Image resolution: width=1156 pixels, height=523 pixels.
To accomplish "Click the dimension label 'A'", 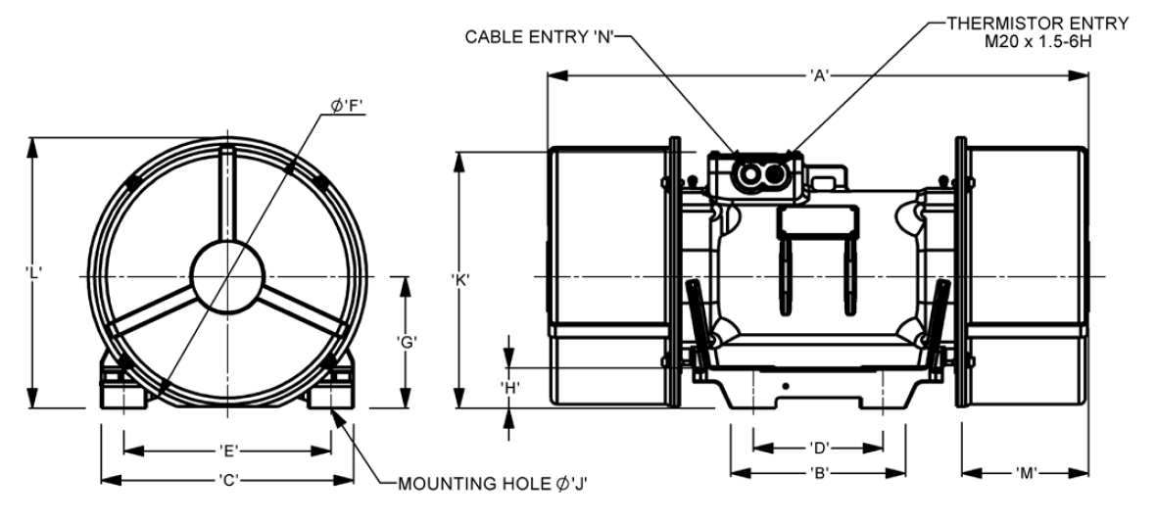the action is (x=818, y=74).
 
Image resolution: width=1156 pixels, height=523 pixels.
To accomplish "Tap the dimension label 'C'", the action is (x=228, y=480).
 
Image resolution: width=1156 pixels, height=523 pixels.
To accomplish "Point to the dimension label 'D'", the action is (x=818, y=448).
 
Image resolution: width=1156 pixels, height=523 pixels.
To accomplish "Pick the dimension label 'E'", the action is (x=228, y=451).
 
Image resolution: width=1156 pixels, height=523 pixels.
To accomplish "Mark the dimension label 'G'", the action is (x=407, y=342).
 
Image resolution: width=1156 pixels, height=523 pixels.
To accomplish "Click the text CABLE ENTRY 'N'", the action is (x=540, y=37).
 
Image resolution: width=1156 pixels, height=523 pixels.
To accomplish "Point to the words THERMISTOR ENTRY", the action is (x=1038, y=24).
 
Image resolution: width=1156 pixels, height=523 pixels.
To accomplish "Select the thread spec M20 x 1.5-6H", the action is (x=1038, y=41).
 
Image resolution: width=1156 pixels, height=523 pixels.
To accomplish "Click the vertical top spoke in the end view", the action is (x=227, y=195).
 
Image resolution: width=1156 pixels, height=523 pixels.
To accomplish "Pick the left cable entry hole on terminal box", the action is (x=749, y=174).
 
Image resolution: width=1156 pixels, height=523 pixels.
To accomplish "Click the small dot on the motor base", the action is (x=786, y=386).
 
